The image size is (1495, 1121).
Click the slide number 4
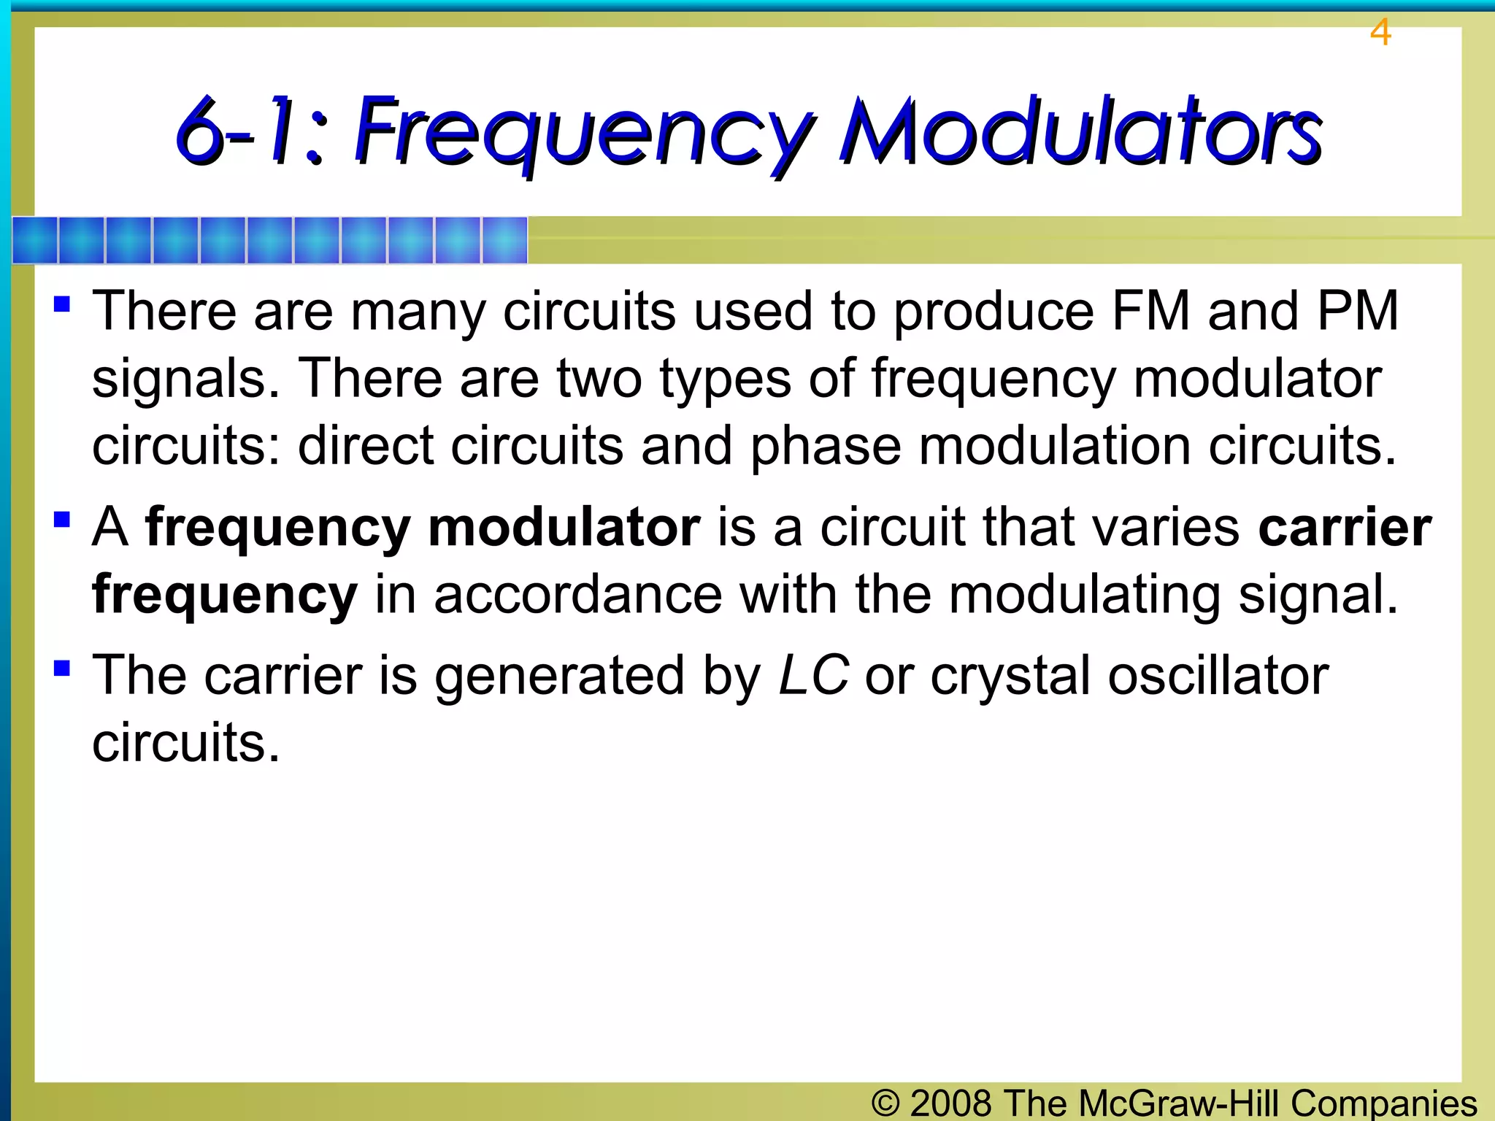(x=1380, y=33)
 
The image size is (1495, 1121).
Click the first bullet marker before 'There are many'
(x=62, y=304)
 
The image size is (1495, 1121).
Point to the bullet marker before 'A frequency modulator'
(x=62, y=520)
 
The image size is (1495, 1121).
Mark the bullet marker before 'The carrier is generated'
(x=62, y=668)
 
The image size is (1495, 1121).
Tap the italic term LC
(x=813, y=675)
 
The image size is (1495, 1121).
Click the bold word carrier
(x=1345, y=527)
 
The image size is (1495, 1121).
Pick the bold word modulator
(x=564, y=527)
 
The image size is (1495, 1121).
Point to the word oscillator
(x=1218, y=675)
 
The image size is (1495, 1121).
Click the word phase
(x=826, y=447)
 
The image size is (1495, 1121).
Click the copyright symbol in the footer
(x=885, y=1102)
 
